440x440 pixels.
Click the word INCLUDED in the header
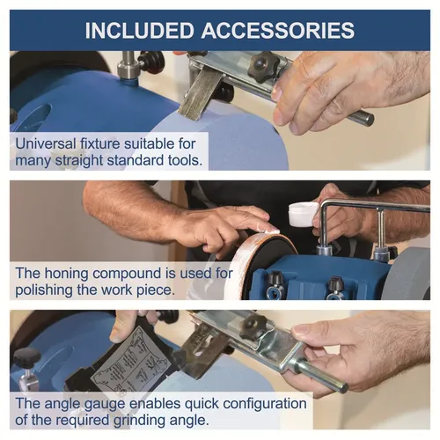(139, 30)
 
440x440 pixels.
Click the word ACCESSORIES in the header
(278, 30)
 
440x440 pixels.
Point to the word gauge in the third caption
(105, 405)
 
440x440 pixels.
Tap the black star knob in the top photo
(262, 66)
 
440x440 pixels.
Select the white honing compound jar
(303, 214)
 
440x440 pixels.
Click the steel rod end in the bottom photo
(342, 388)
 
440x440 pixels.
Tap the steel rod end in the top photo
(368, 119)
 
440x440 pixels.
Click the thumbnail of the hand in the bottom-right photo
(300, 330)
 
